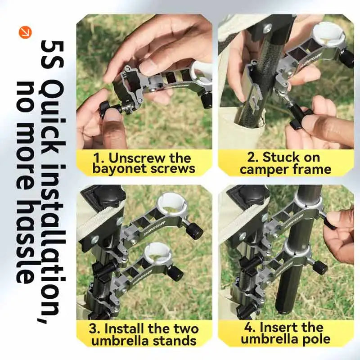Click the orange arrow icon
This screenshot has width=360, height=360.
[x=25, y=32]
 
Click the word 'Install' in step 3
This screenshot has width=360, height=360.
[x=126, y=329]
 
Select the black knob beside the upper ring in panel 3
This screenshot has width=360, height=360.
[x=194, y=230]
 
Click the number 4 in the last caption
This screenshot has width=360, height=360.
[x=248, y=328]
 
